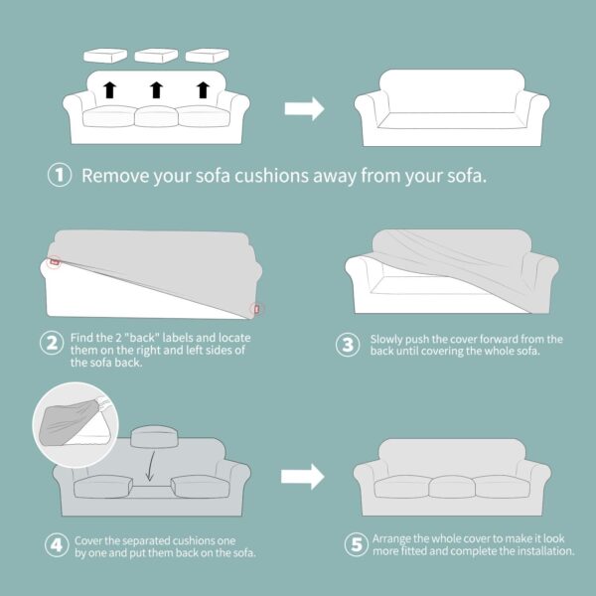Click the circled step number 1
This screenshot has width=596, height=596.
60,175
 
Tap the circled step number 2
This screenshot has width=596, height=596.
52,344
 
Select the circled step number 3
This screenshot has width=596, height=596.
348,345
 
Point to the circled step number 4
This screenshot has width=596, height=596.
57,545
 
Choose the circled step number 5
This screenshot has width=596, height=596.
357,544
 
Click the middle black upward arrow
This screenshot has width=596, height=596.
156,89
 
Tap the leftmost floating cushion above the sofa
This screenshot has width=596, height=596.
105,56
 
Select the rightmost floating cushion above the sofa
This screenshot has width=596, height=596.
208,55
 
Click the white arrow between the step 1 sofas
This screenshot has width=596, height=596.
305,108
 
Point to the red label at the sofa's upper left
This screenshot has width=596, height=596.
55,262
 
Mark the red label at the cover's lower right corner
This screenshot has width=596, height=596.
257,309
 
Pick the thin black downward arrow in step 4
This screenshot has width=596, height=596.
151,466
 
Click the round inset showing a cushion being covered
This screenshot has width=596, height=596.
75,424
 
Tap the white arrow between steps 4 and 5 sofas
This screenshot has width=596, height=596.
303,477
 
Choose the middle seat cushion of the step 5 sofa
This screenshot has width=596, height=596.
452,487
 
